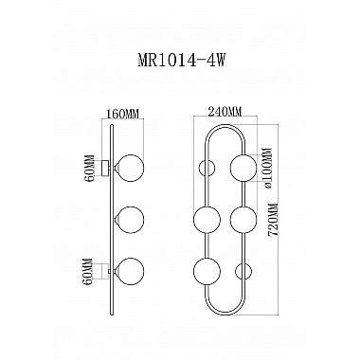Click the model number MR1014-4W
180,58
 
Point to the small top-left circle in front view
207,170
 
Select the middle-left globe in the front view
206,221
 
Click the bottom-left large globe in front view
206,272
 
